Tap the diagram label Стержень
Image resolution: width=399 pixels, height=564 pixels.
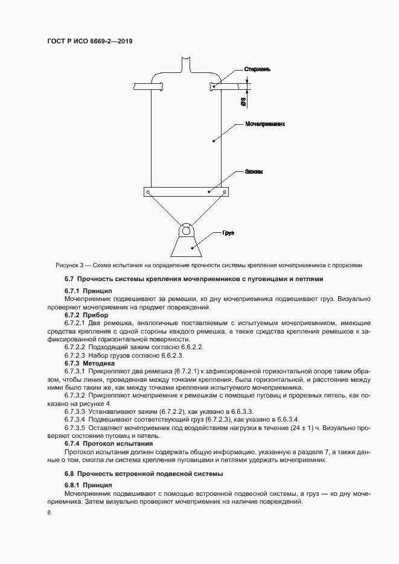click(x=258, y=69)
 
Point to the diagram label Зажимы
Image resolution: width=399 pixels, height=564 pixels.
click(x=253, y=171)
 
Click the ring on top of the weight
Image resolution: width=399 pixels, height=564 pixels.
click(x=185, y=230)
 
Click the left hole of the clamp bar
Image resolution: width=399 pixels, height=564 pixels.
click(x=147, y=192)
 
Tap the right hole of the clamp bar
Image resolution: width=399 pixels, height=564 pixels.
click(x=225, y=192)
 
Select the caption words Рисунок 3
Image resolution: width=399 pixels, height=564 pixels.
click(x=71, y=265)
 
